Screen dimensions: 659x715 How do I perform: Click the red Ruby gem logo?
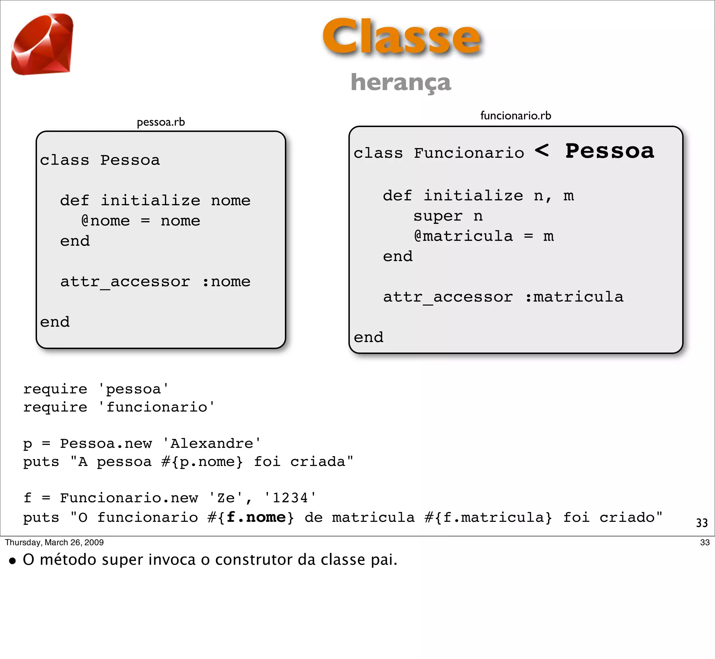click(42, 44)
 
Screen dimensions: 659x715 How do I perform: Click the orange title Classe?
click(401, 37)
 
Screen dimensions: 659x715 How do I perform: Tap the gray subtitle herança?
click(401, 82)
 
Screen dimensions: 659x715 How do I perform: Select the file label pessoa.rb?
click(161, 122)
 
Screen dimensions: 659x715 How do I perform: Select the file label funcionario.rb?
click(516, 116)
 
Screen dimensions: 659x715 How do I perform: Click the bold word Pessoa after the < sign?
click(610, 151)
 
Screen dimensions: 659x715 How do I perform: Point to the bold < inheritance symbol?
click(542, 150)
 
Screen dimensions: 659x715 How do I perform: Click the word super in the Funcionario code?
click(438, 216)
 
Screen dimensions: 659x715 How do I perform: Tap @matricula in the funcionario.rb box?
click(463, 236)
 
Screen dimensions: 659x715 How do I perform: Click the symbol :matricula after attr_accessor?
click(574, 297)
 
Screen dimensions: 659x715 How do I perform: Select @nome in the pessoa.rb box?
click(105, 221)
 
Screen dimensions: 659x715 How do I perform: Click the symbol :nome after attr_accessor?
click(226, 282)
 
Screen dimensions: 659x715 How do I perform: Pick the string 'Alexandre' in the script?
click(212, 444)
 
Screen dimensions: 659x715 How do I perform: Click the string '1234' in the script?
click(290, 498)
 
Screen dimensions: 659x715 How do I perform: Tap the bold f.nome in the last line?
click(256, 517)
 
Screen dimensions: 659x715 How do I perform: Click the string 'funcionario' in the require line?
click(156, 407)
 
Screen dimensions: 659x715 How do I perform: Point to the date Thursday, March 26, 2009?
click(54, 542)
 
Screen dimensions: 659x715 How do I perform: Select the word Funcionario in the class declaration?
click(469, 153)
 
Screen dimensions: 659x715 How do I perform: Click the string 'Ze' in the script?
click(226, 498)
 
